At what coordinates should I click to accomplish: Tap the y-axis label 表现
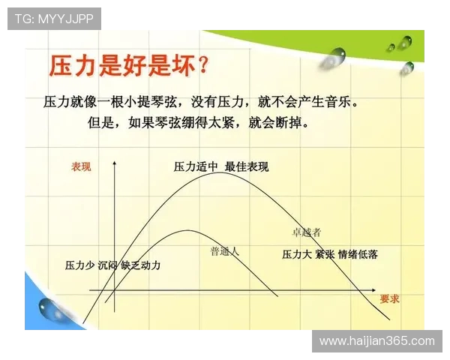81,166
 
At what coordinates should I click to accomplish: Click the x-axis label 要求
389,298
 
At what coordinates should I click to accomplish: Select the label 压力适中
194,166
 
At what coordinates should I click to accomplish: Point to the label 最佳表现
247,166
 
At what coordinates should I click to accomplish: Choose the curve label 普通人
224,251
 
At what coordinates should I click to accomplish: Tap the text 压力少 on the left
79,265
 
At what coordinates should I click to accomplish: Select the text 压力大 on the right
297,254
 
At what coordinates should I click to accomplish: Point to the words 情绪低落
358,254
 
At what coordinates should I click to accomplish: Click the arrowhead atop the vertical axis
114,163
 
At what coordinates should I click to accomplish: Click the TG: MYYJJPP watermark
54,19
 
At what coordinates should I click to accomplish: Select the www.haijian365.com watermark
376,341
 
